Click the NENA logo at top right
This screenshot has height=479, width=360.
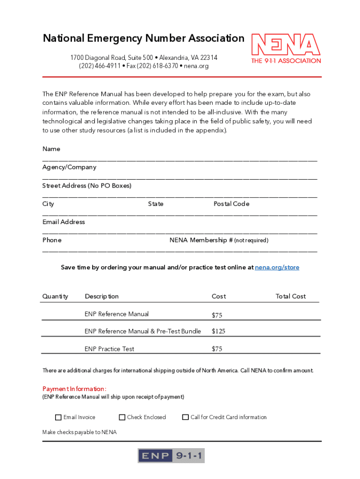286,48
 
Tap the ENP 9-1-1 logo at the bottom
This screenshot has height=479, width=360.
171,456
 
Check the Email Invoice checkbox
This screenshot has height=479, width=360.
58,417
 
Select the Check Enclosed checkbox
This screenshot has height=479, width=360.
122,417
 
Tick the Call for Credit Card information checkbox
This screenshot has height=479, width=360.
186,417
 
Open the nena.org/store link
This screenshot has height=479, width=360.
277,268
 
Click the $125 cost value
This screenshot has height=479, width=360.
218,331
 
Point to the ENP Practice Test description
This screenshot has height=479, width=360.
109,349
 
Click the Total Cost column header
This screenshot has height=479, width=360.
291,296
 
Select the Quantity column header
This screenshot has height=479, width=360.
55,296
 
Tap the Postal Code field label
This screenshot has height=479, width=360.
231,204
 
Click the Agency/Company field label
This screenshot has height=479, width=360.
69,167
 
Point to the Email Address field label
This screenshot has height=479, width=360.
64,222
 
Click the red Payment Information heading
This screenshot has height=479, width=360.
74,389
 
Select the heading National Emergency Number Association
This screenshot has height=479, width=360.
144,38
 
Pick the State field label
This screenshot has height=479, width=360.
156,204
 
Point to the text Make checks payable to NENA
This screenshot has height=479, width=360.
79,432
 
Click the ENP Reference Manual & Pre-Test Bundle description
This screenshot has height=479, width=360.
143,331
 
